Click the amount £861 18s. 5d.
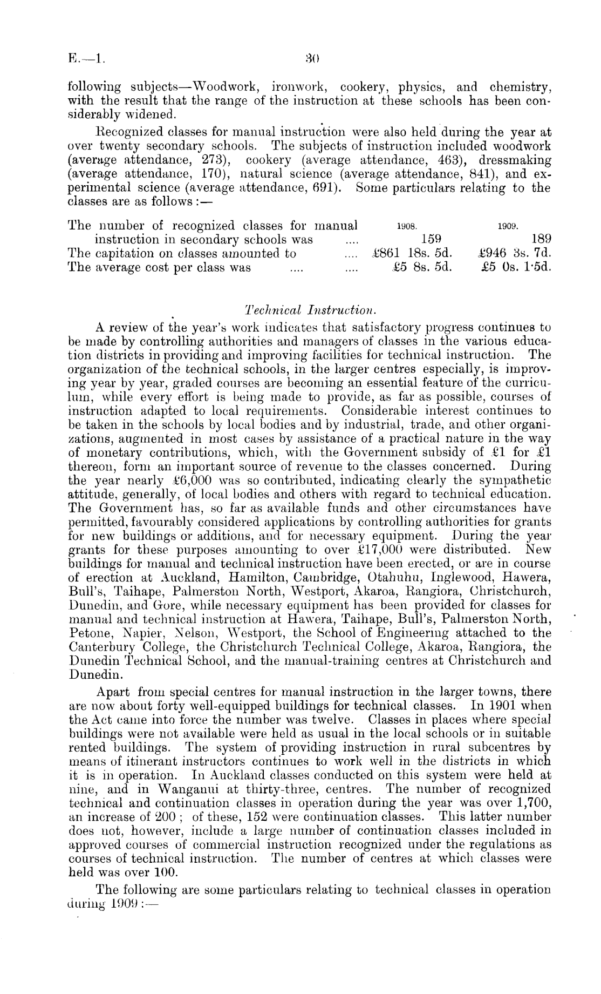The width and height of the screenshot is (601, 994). [412, 253]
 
